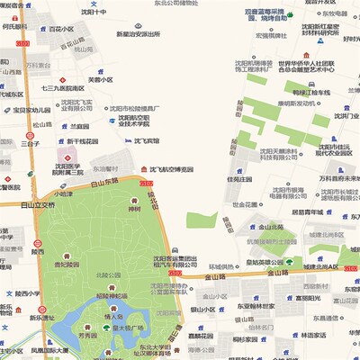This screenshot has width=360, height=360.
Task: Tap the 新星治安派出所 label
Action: [138, 34]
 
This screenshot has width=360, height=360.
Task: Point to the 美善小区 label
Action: [101, 79]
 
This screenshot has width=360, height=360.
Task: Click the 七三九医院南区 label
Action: [63, 89]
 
